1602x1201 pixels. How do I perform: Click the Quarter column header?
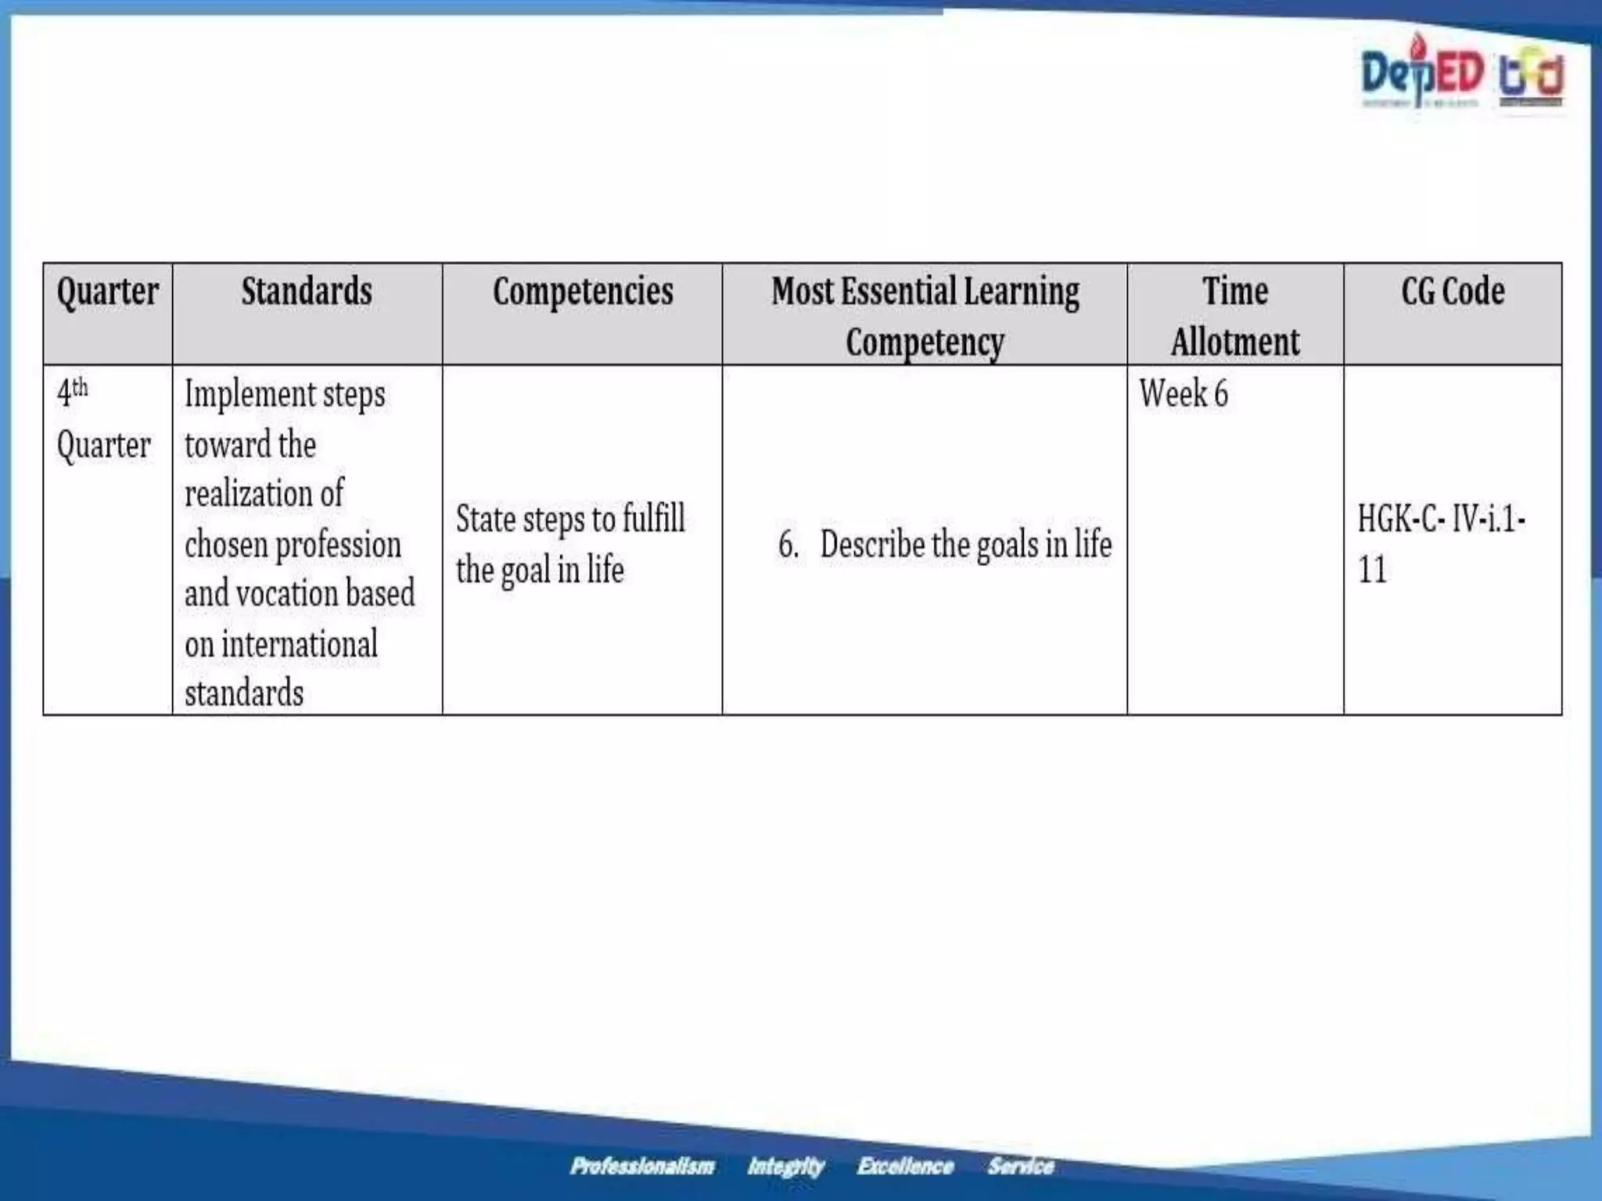click(x=108, y=292)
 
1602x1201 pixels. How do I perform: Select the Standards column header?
click(x=307, y=292)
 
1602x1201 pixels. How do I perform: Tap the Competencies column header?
click(x=583, y=292)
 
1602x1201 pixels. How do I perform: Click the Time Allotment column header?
click(x=1235, y=316)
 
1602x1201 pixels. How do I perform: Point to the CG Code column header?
click(x=1453, y=292)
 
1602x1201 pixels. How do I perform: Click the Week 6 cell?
click(x=1184, y=393)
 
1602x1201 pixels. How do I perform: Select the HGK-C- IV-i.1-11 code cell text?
click(x=1441, y=543)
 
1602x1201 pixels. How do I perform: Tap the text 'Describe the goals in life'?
click(x=965, y=544)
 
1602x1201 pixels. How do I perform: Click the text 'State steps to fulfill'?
click(x=570, y=519)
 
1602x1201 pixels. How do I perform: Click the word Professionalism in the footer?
click(x=642, y=1167)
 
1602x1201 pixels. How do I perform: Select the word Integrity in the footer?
click(x=785, y=1167)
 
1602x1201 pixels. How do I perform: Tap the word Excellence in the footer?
click(x=905, y=1167)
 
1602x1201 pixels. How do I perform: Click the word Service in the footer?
click(x=1021, y=1167)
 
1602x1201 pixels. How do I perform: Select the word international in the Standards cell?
click(x=300, y=644)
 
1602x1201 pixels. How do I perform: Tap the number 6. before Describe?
click(x=788, y=544)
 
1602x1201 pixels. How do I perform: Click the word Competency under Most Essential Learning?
click(x=925, y=342)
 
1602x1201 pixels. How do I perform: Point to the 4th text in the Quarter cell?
click(x=72, y=391)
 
